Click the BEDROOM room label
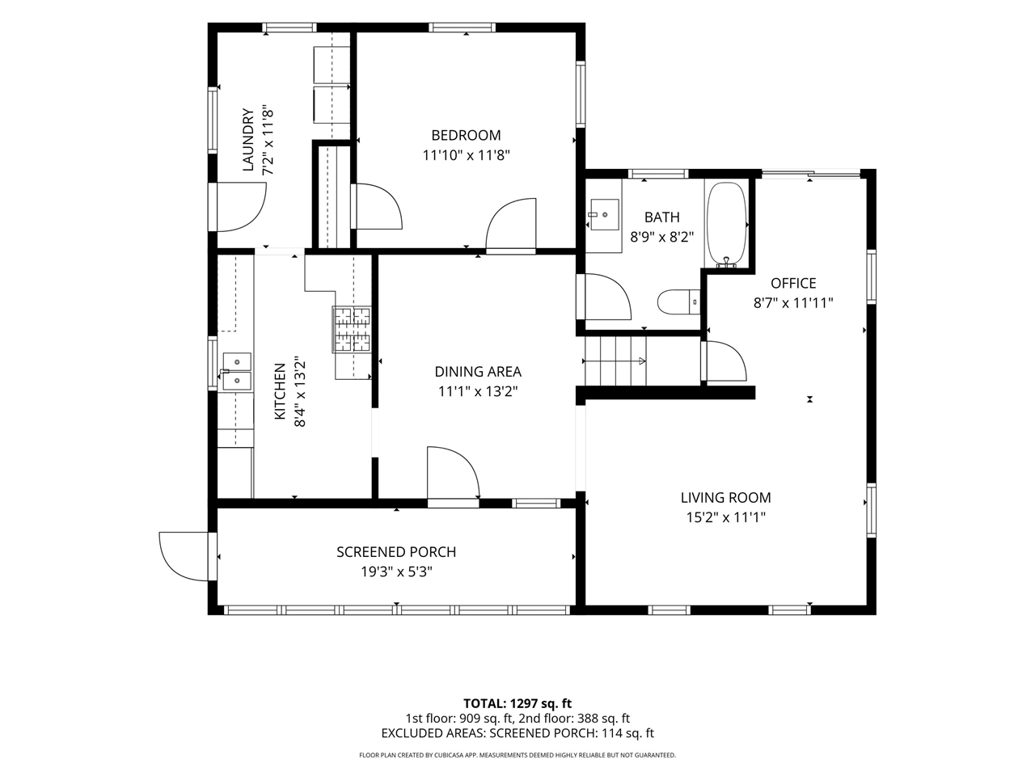coord(466,135)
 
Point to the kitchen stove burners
coord(352,329)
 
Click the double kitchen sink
coord(236,372)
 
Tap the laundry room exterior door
coord(237,207)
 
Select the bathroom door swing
coord(603,297)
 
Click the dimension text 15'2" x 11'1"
coord(725,517)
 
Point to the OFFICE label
coord(793,283)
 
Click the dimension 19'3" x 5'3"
coord(396,571)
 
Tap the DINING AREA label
coord(478,372)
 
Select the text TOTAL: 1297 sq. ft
coord(517,703)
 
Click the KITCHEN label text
coord(280,391)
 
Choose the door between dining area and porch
coord(453,477)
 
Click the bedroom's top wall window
coord(462,27)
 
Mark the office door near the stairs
coord(724,361)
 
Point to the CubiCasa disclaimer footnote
coord(517,755)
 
